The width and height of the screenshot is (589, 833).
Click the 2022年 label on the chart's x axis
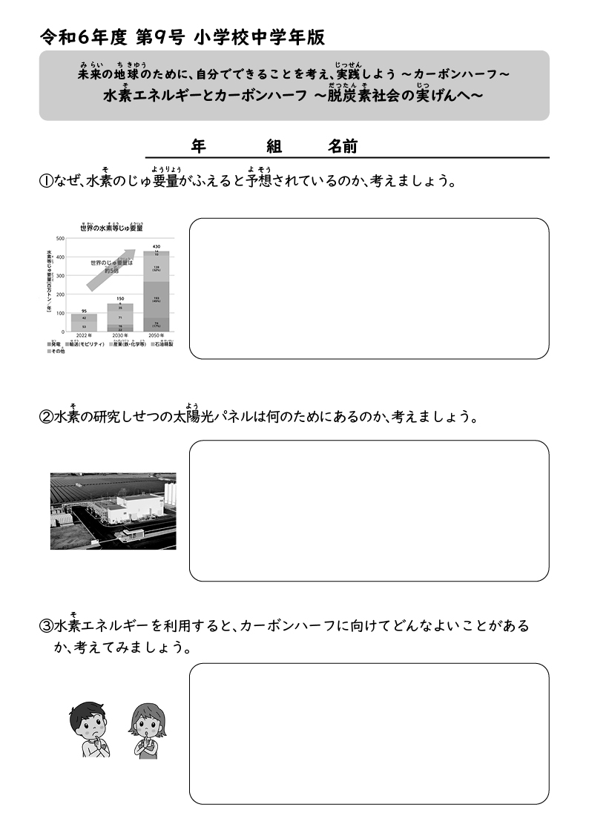[x=83, y=335]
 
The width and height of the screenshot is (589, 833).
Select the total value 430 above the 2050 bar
[x=157, y=246]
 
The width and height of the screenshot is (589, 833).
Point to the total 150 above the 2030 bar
[x=120, y=298]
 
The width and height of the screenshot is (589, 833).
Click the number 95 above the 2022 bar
[x=84, y=311]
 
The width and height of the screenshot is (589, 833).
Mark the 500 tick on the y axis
[x=60, y=239]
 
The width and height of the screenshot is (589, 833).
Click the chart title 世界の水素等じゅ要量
[x=111, y=228]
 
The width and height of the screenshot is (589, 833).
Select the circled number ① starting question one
[x=45, y=182]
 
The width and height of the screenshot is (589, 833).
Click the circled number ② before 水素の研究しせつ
[x=45, y=417]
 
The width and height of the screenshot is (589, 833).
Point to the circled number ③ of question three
[x=45, y=626]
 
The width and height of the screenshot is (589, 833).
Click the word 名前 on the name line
[x=343, y=147]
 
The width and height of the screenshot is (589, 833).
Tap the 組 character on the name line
[x=274, y=147]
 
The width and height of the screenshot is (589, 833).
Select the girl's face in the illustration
[x=148, y=722]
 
